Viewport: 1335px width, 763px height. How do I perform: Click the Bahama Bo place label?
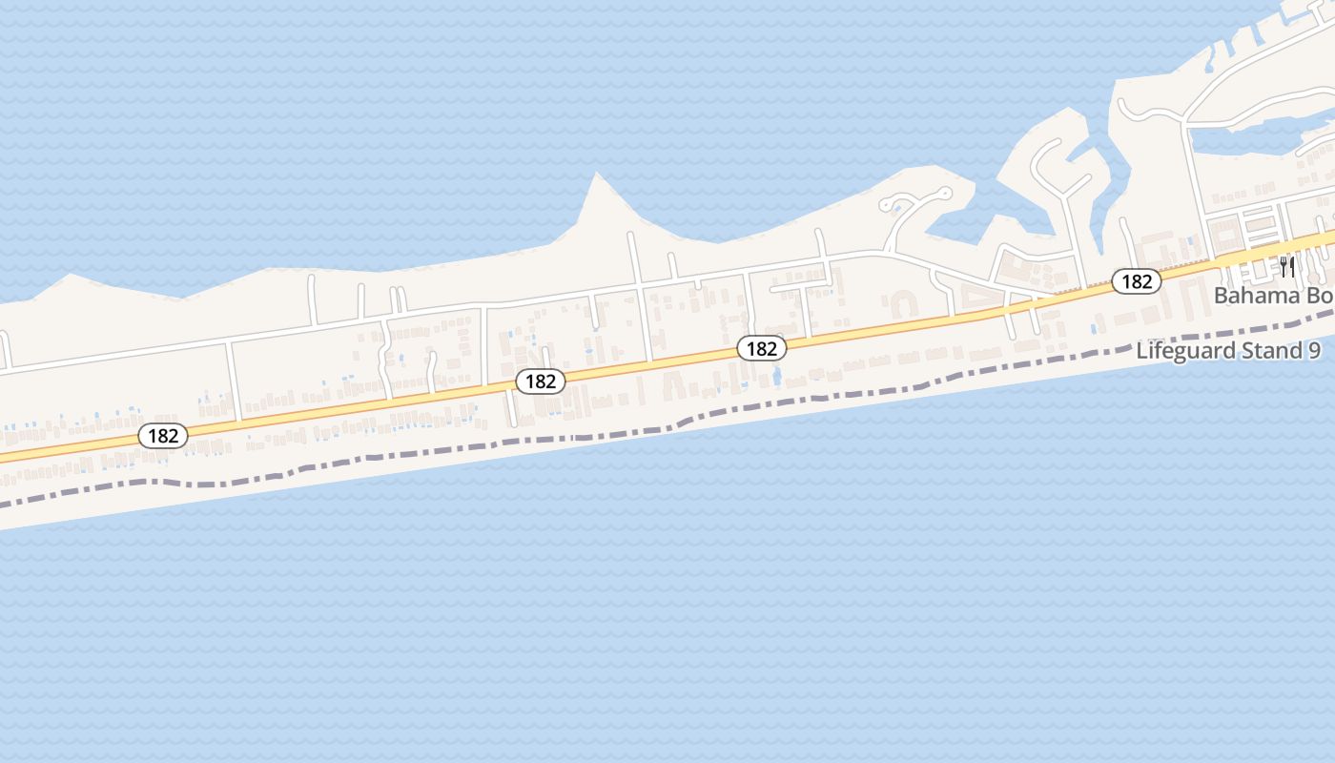1273,296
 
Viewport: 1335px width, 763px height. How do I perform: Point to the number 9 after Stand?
1314,351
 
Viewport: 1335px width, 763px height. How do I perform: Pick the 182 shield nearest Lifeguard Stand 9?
1136,281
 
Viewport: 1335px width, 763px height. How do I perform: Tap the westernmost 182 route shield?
163,436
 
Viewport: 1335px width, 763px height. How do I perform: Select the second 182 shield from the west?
541,381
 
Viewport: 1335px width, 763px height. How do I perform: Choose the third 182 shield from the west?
761,349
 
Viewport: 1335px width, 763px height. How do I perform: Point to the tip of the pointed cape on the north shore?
597,175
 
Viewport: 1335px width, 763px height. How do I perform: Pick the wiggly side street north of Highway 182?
385,358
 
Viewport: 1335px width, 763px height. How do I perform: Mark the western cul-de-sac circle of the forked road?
887,204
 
